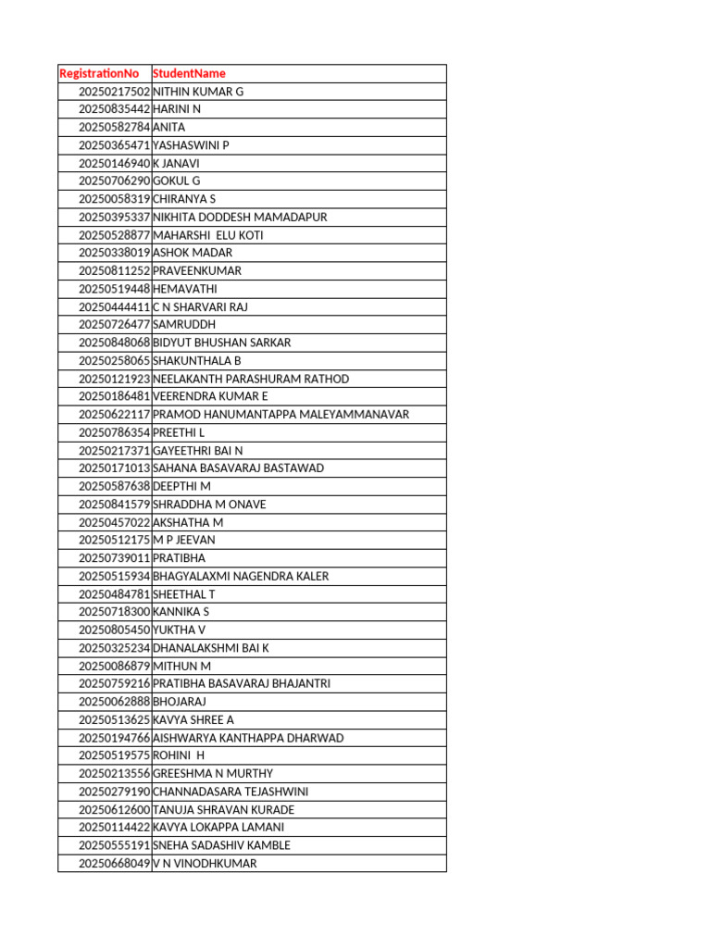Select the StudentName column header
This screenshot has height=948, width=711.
189,73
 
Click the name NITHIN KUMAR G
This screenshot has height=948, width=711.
198,92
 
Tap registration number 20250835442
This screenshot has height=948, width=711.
114,109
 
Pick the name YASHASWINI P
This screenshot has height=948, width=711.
191,145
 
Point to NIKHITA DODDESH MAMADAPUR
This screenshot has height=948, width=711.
240,217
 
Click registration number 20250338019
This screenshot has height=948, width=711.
114,253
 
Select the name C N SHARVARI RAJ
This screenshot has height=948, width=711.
200,306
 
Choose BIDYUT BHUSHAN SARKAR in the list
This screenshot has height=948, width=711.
221,343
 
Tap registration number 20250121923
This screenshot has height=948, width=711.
114,379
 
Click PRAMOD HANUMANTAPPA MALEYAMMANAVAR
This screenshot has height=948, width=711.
281,414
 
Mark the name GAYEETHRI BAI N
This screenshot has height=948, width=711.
197,450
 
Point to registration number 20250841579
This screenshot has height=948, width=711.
114,505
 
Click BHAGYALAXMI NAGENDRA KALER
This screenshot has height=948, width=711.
241,576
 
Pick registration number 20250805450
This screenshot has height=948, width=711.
114,630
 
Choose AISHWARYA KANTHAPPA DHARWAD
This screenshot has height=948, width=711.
248,738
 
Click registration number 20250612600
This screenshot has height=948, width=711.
114,809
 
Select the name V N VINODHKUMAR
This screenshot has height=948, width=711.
205,863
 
